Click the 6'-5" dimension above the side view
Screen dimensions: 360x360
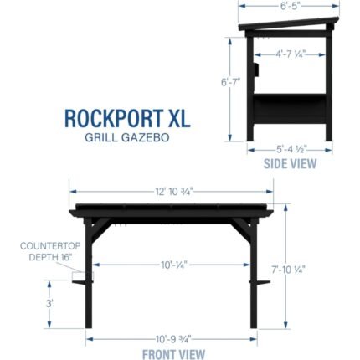pyautogui.click(x=289, y=6)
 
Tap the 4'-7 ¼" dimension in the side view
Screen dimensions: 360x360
pyautogui.click(x=291, y=54)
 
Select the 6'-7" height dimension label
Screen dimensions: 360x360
pyautogui.click(x=230, y=83)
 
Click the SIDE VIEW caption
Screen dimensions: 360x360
pyautogui.click(x=290, y=164)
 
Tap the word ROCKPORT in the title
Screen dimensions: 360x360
pyautogui.click(x=114, y=118)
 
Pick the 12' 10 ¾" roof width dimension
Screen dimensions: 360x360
pyautogui.click(x=174, y=192)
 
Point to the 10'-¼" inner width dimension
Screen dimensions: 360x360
pyautogui.click(x=173, y=265)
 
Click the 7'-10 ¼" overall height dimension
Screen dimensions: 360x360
pyautogui.click(x=289, y=270)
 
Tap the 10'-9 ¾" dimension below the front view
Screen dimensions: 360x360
pyautogui.click(x=173, y=339)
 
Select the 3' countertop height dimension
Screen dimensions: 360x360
pyautogui.click(x=49, y=303)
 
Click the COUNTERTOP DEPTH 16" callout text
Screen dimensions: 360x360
pyautogui.click(x=50, y=251)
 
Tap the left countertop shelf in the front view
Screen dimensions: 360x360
pyautogui.click(x=82, y=282)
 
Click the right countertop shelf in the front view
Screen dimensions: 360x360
pyautogui.click(x=260, y=282)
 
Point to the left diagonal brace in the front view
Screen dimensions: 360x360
pyautogui.click(x=101, y=229)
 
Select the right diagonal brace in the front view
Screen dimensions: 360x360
pyautogui.click(x=240, y=229)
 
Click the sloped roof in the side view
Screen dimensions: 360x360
pyautogui.click(x=289, y=23)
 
